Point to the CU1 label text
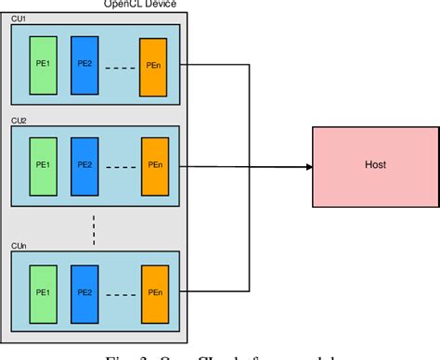click(x=17, y=19)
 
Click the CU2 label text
click(x=17, y=120)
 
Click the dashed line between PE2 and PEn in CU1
click(x=118, y=68)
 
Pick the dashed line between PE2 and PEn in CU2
click(x=118, y=167)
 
